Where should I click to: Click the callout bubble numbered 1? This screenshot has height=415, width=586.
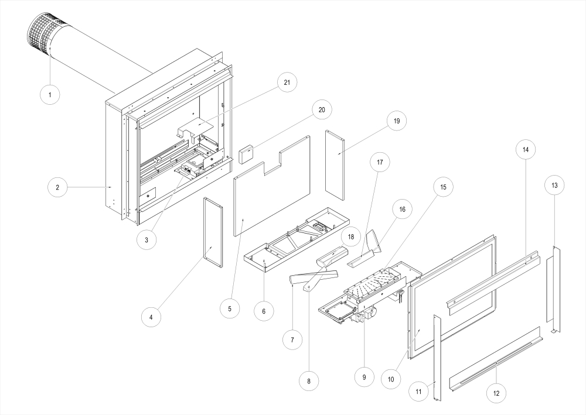click(50, 94)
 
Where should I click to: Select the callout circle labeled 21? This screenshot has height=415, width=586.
click(287, 83)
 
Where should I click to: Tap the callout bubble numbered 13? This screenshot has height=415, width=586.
click(554, 185)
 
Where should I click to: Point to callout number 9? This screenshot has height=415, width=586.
click(364, 378)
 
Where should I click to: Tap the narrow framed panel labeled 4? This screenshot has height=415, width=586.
click(213, 232)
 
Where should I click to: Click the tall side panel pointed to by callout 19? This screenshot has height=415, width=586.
click(335, 164)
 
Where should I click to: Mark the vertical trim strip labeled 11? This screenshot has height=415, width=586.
click(436, 356)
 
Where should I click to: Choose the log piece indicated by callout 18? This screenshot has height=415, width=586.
click(332, 255)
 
